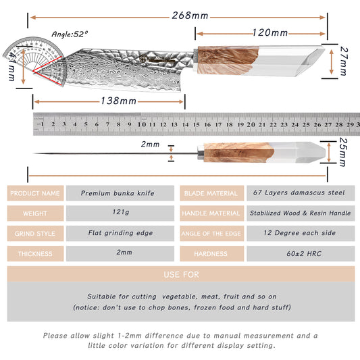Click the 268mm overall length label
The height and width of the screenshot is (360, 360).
(190, 16)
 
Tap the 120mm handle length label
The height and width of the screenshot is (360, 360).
(270, 32)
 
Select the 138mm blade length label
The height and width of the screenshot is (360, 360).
(118, 101)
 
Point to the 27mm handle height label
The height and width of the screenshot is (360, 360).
(344, 61)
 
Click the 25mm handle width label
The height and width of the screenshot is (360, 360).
(343, 152)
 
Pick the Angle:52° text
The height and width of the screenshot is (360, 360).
(70, 34)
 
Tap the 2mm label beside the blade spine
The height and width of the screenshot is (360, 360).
(150, 144)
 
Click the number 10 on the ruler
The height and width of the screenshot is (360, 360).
(142, 124)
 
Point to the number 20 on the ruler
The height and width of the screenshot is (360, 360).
(251, 125)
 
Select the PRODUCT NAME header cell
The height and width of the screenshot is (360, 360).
(35, 193)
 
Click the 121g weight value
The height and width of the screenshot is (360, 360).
(121, 211)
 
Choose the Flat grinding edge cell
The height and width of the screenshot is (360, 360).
(120, 233)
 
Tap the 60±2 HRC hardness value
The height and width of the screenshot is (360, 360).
(304, 254)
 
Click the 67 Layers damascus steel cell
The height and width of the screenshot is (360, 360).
(301, 193)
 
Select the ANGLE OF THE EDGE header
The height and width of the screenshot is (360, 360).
(211, 234)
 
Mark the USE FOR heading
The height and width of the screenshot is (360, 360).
(182, 275)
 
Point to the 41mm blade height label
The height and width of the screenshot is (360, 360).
(11, 67)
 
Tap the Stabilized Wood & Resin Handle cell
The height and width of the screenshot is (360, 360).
(301, 213)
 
